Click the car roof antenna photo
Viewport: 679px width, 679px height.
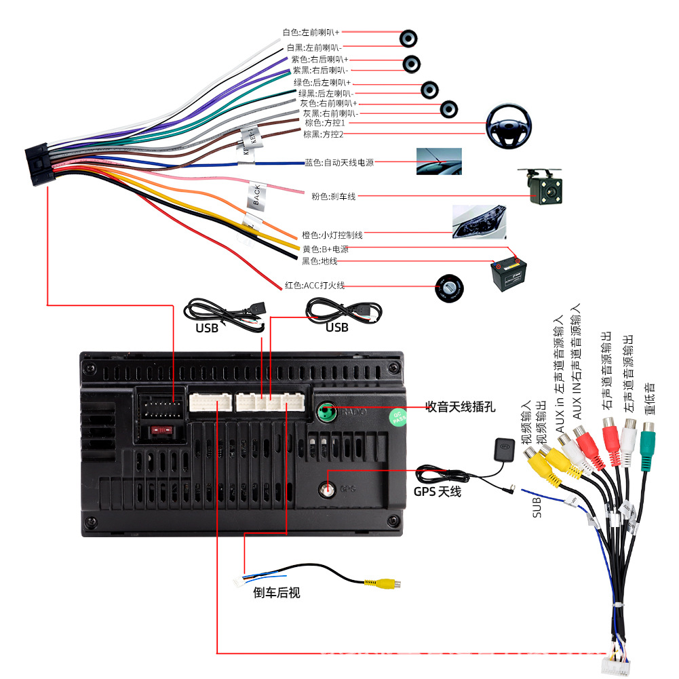pos(439,161)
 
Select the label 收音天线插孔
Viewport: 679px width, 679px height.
pos(460,407)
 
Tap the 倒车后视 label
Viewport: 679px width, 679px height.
pos(277,593)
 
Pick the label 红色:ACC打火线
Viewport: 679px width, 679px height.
pos(314,286)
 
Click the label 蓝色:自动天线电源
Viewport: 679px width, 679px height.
pos(339,163)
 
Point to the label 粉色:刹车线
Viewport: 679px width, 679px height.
pos(333,197)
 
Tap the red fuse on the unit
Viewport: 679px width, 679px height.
pos(161,430)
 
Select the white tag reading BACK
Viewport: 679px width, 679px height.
pos(257,195)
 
